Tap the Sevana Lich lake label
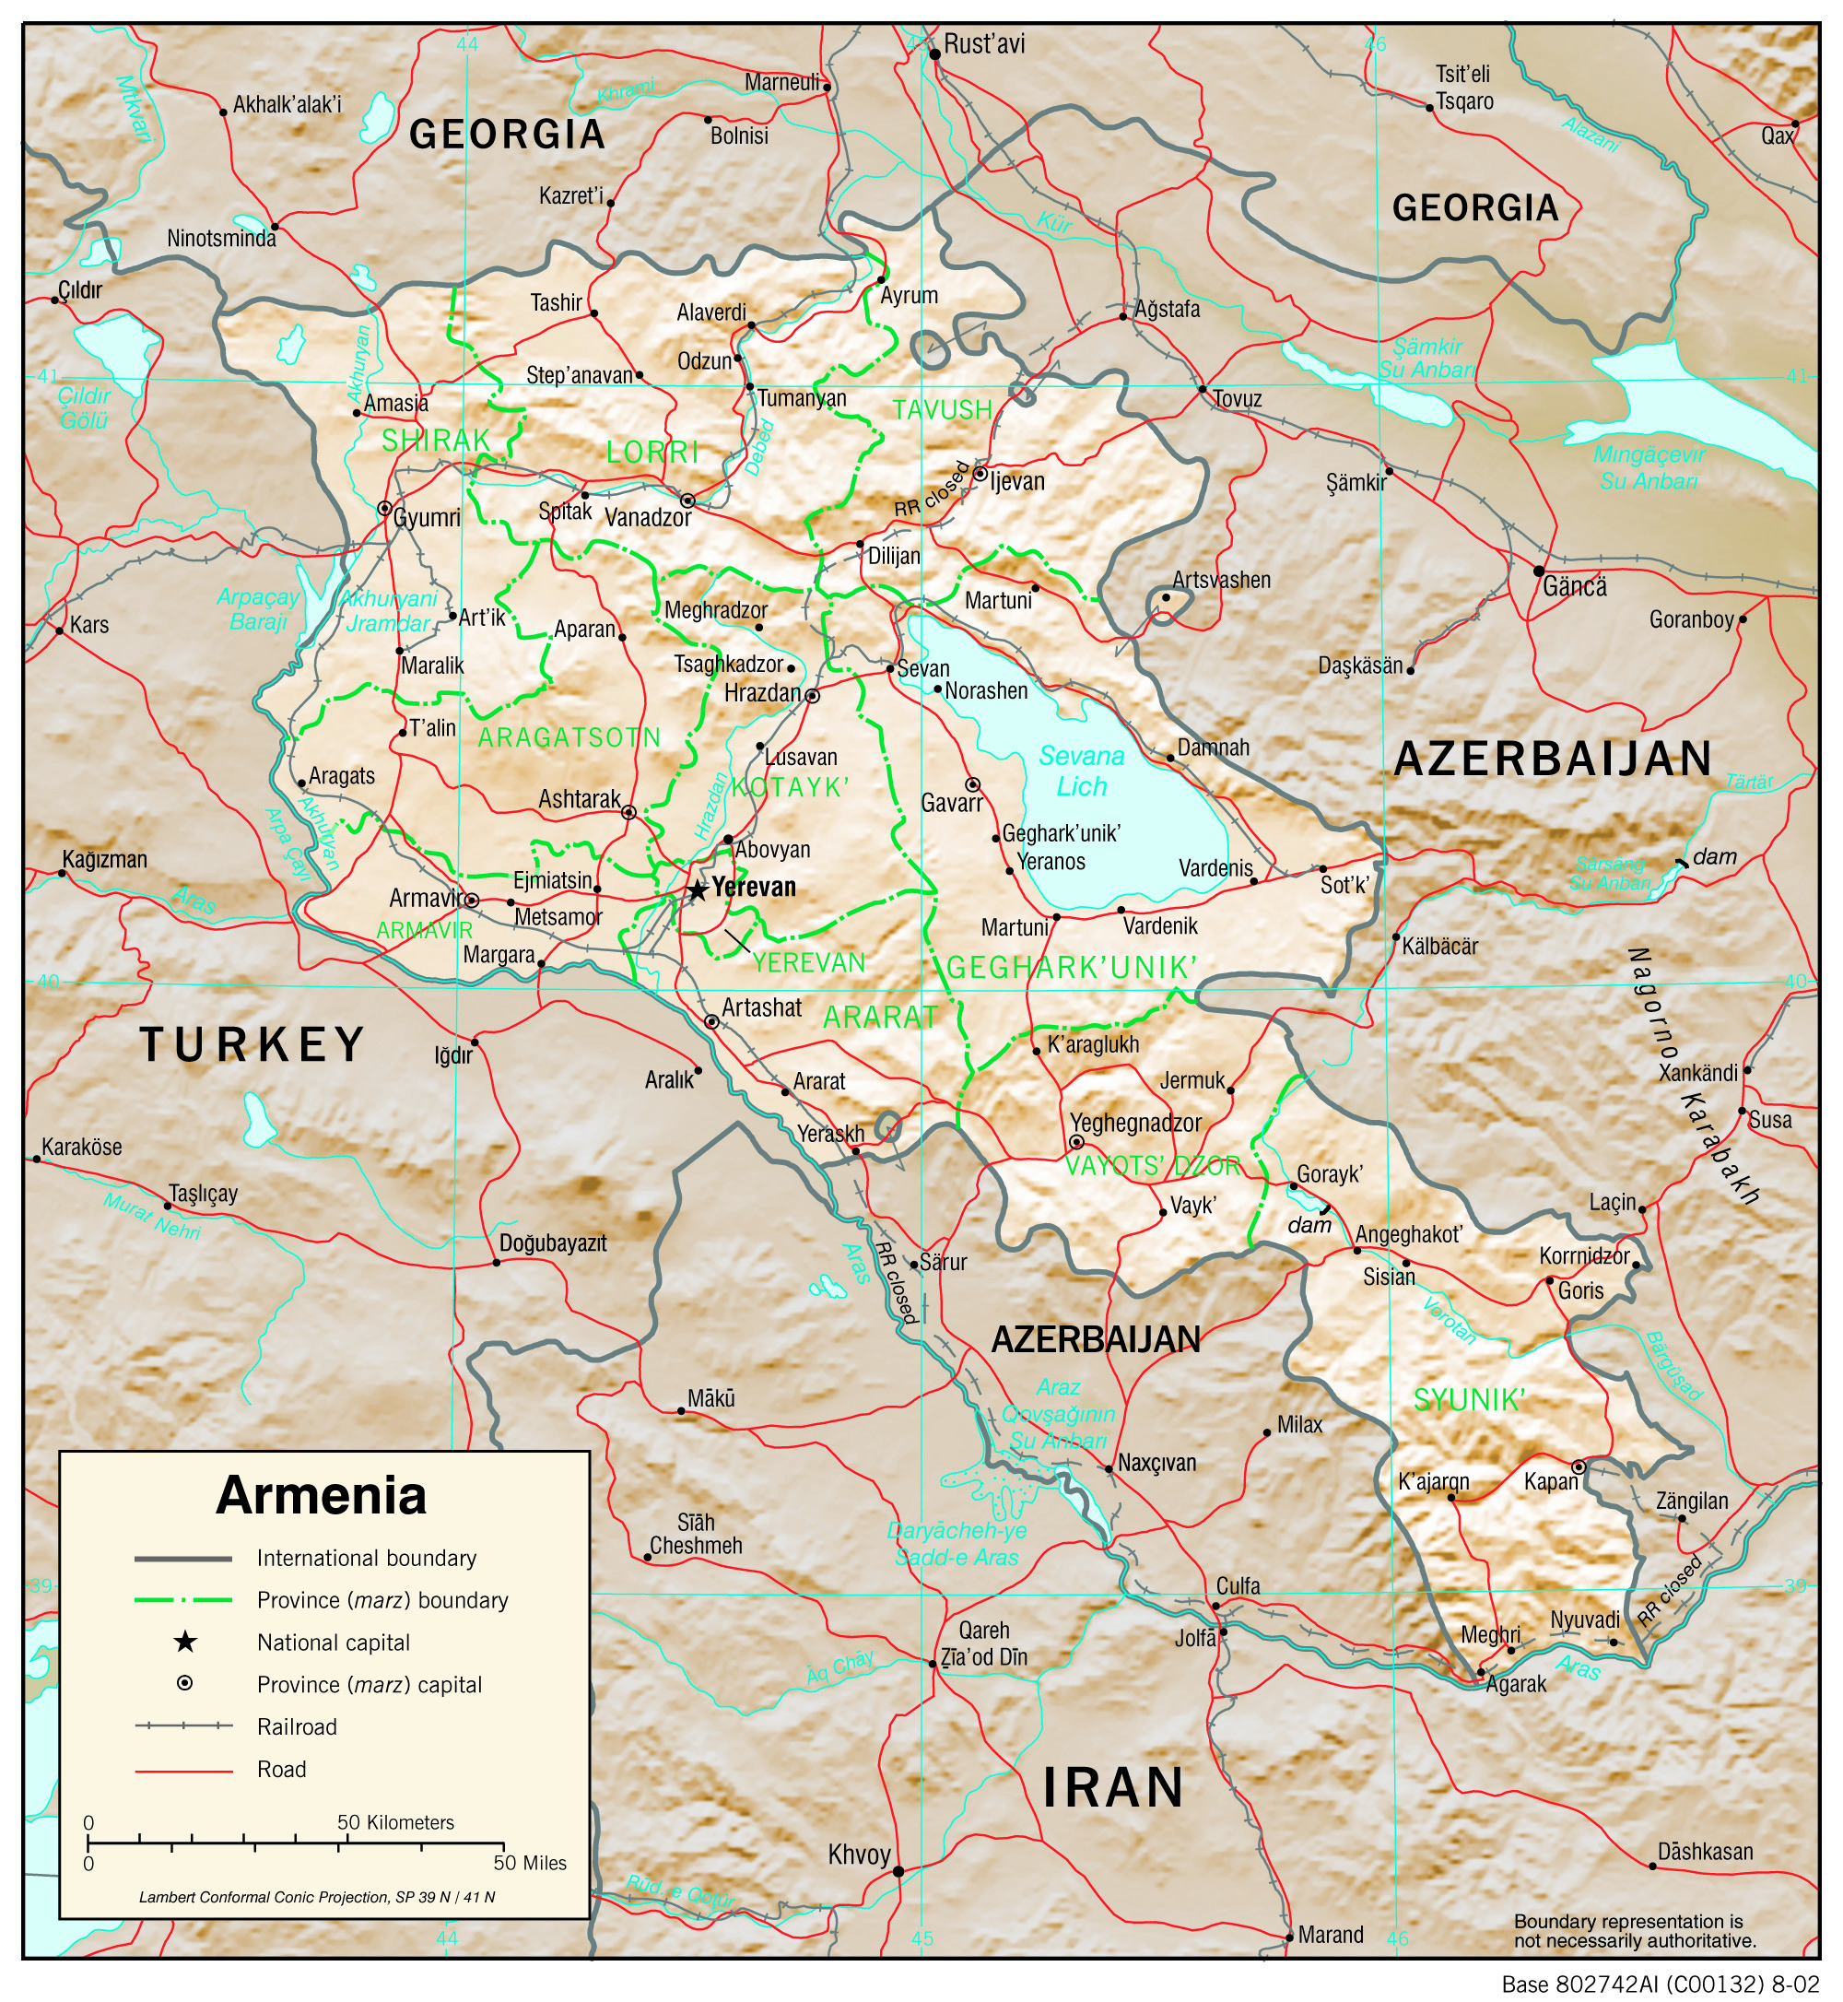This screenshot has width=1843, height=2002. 1081,771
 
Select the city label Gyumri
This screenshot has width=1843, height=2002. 427,518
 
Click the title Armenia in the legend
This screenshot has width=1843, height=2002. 321,1495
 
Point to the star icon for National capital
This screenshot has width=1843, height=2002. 184,1642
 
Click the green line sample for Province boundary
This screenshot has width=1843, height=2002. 183,1600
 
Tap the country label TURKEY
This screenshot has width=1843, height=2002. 252,1045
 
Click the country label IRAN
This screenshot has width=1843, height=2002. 1113,1786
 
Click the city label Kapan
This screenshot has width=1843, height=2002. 1551,1482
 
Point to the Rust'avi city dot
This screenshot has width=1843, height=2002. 935,53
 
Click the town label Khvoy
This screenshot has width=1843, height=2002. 859,1855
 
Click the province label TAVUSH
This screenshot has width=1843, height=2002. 943,410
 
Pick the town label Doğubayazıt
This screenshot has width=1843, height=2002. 553,1242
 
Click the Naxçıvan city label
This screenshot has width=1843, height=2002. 1156,1463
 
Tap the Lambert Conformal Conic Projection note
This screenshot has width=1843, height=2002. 317,1897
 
